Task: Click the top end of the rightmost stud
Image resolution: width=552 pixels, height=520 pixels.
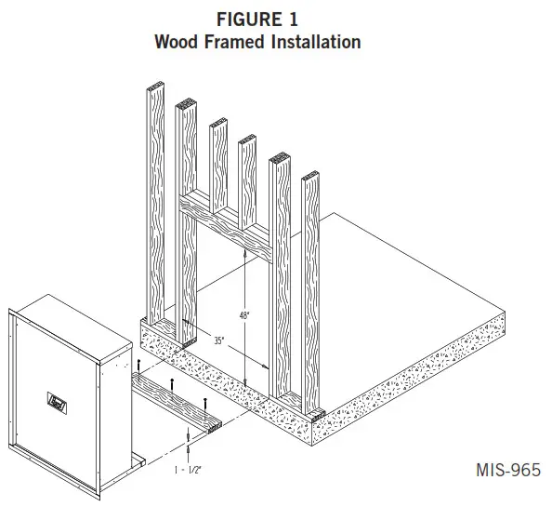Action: tap(312, 176)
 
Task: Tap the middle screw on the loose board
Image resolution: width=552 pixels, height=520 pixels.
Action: tap(173, 384)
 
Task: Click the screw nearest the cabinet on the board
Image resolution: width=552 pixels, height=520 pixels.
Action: tap(138, 364)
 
